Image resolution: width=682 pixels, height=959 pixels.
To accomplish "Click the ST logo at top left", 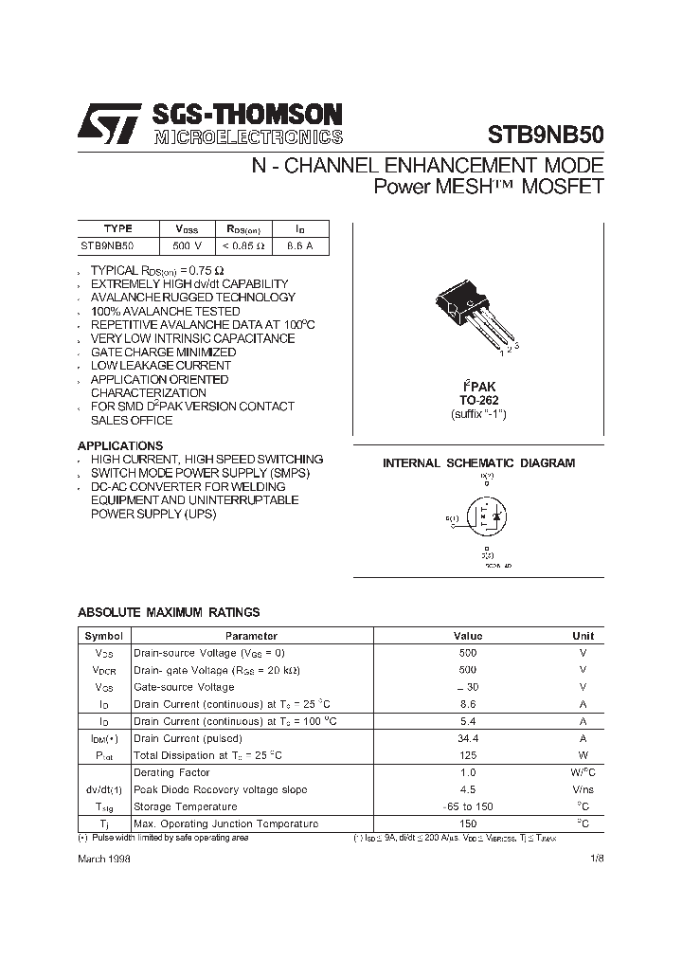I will [x=109, y=124].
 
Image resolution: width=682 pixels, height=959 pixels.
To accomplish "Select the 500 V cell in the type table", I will [x=188, y=246].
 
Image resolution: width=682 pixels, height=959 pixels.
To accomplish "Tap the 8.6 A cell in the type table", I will [x=300, y=246].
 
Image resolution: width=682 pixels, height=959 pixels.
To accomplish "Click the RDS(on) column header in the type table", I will [x=243, y=228].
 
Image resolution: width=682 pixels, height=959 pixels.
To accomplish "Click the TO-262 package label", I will [x=478, y=401].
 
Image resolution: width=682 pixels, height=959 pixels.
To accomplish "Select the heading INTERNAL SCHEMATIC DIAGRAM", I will [x=478, y=463].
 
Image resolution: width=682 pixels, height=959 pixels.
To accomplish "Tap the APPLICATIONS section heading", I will [x=120, y=445].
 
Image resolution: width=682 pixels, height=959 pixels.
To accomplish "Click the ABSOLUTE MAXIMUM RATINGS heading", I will [x=169, y=613].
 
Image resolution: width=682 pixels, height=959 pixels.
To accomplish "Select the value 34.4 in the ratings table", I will [x=468, y=738].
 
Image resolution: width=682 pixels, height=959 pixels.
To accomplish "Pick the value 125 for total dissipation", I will [x=468, y=755].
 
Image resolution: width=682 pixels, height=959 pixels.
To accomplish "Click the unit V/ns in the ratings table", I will [x=583, y=789].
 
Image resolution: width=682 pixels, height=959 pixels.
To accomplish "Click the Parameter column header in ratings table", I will [x=251, y=636].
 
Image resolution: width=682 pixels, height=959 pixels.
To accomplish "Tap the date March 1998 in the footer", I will [x=104, y=857].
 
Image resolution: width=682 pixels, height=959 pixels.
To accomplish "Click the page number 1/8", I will [x=594, y=857].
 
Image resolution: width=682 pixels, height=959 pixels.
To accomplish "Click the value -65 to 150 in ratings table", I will [x=468, y=806].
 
